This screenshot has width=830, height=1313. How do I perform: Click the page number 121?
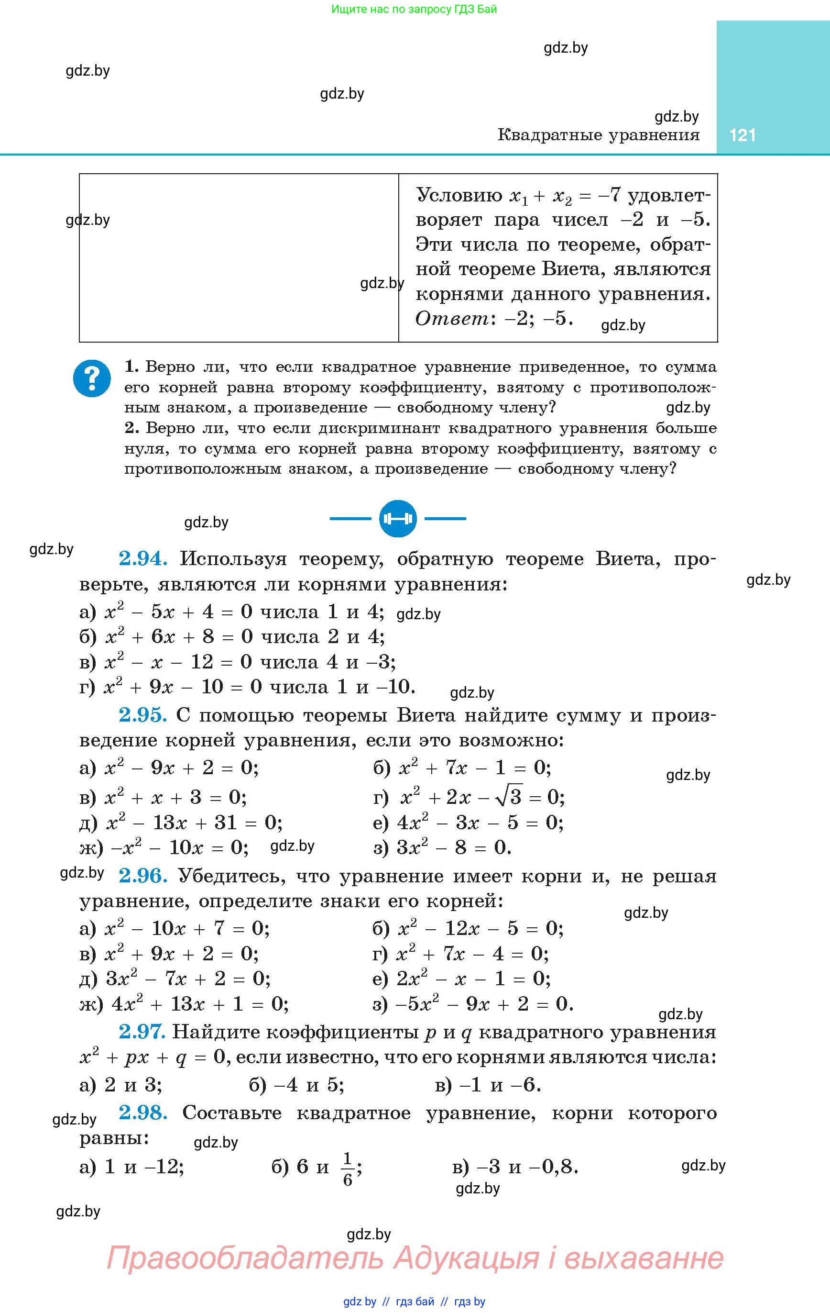click(742, 134)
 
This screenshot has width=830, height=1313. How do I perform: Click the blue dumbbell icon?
click(398, 518)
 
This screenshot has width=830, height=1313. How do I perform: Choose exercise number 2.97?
click(142, 1032)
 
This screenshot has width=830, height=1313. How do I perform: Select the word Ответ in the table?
click(452, 318)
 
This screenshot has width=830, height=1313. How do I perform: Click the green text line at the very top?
click(414, 9)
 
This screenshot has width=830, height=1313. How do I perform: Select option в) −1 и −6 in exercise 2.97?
click(488, 1086)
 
